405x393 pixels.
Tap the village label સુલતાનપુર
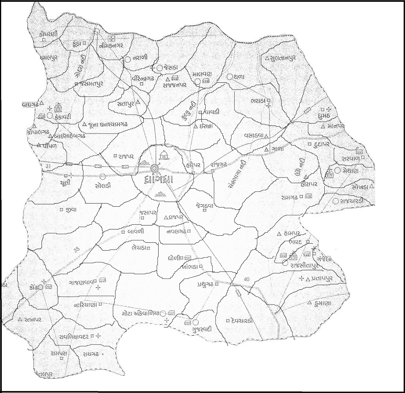pyautogui.click(x=283, y=58)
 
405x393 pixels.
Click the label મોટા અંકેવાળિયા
pyautogui.click(x=141, y=313)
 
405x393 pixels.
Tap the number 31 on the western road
pyautogui.click(x=49, y=166)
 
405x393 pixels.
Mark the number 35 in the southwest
pyautogui.click(x=77, y=249)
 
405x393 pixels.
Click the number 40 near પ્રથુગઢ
pyautogui.click(x=247, y=279)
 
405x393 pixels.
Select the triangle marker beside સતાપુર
pyautogui.click(x=138, y=102)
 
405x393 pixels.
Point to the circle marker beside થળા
pyautogui.click(x=230, y=77)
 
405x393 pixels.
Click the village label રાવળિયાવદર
pyautogui.click(x=74, y=336)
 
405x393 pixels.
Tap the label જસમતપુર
pyautogui.click(x=91, y=84)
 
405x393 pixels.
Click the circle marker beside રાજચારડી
pyautogui.click(x=336, y=201)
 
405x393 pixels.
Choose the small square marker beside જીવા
pyautogui.click(x=61, y=210)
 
